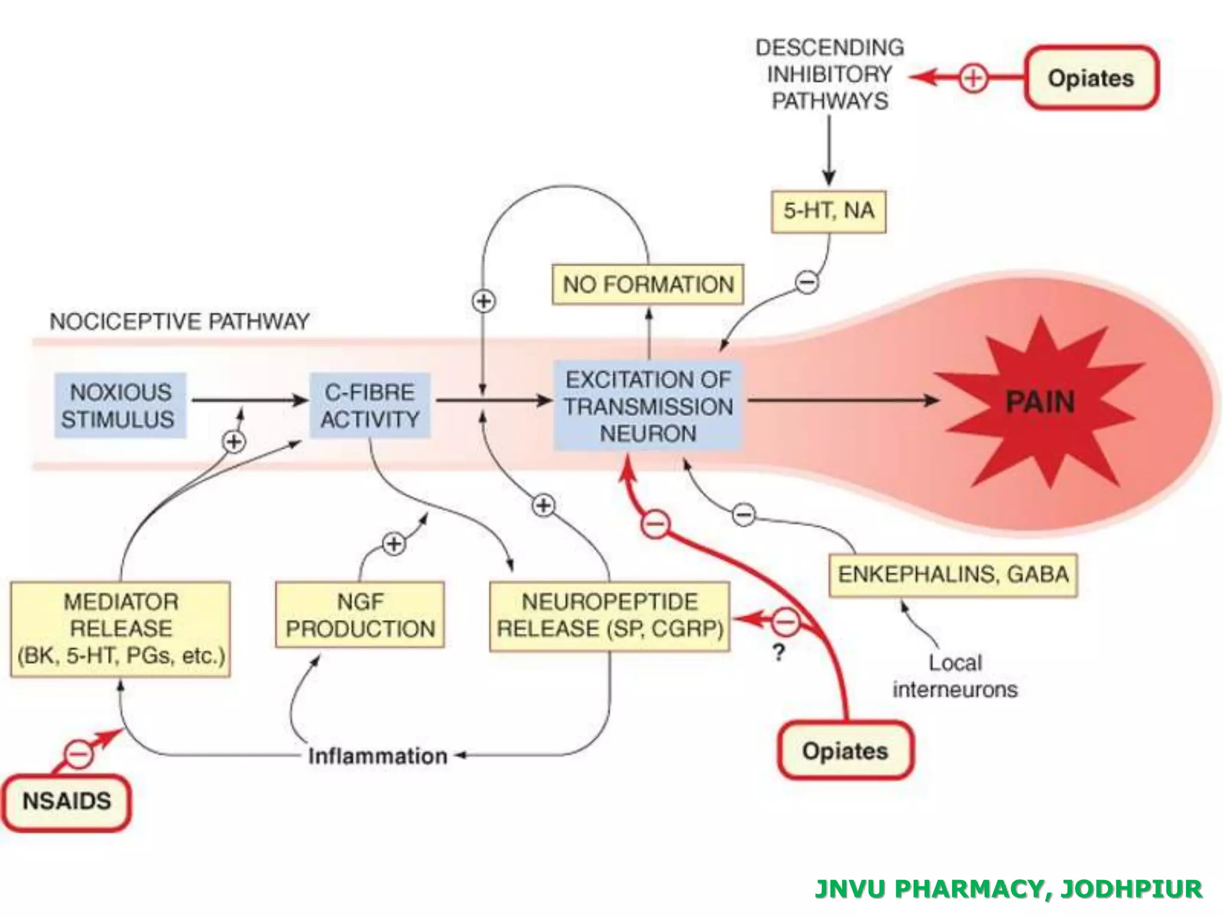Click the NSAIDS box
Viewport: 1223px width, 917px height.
[66, 802]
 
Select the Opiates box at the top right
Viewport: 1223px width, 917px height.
[1091, 78]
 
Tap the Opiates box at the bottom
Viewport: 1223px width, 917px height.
[845, 750]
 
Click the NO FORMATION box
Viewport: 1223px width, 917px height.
[648, 285]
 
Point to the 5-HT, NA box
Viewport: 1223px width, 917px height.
[828, 211]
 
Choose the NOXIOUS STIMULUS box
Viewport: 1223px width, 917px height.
[119, 406]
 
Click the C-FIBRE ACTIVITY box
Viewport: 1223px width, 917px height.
[370, 406]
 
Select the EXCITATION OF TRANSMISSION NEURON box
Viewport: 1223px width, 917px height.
[648, 406]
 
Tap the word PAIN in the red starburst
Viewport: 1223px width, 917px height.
[1040, 402]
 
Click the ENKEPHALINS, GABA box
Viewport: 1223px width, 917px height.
[953, 575]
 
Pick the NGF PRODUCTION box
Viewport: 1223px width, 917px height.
[360, 615]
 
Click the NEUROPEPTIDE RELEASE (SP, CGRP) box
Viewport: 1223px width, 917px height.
[609, 615]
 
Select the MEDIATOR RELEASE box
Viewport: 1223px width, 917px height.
[121, 629]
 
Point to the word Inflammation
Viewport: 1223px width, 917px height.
[377, 756]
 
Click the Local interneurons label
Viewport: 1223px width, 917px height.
[954, 676]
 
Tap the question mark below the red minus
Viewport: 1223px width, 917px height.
[778, 653]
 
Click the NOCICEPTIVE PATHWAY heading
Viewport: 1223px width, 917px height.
[179, 322]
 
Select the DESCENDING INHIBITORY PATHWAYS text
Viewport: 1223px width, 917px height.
[829, 74]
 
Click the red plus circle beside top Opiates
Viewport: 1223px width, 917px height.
[973, 78]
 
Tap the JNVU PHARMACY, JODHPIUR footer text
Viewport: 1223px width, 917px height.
[1008, 888]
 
